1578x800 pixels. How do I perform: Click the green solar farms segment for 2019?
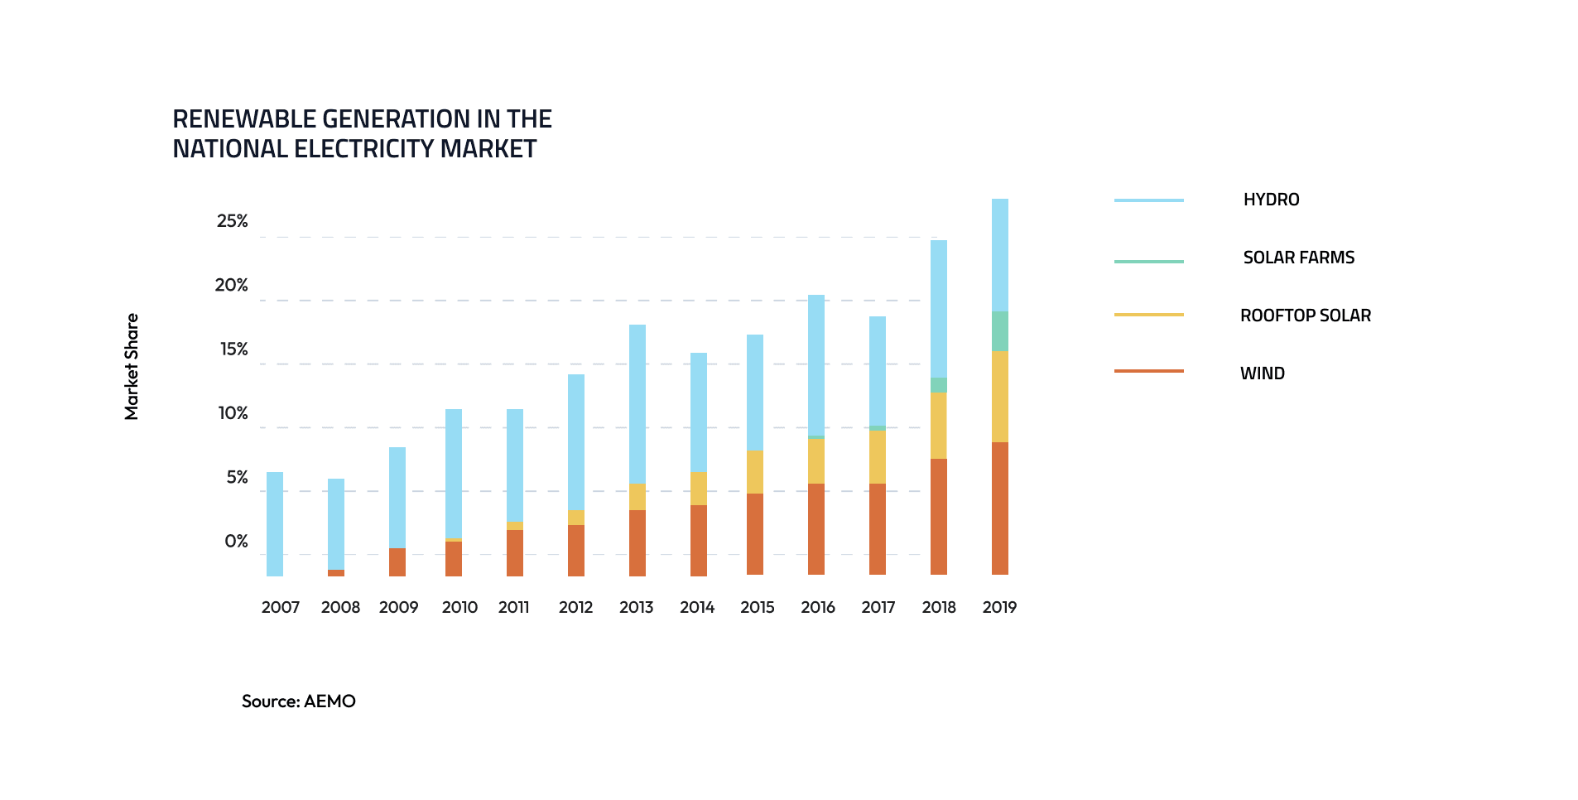click(999, 331)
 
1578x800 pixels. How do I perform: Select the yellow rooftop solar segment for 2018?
click(938, 425)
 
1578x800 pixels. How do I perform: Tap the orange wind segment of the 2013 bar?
click(637, 542)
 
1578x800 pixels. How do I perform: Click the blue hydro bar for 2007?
click(275, 523)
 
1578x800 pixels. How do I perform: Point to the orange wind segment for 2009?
click(397, 561)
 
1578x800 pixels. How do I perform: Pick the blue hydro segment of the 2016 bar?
click(816, 364)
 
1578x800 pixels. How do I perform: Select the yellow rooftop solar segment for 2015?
click(754, 472)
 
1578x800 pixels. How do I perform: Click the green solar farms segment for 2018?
click(938, 385)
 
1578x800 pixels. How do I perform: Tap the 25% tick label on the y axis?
click(233, 221)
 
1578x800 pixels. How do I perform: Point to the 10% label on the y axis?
click(233, 413)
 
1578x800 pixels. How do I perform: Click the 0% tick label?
click(236, 542)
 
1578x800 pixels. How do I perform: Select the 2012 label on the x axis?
click(575, 607)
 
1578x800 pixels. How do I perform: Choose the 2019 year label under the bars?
click(999, 607)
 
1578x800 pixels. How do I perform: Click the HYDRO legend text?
click(1271, 200)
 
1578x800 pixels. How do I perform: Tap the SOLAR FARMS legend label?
click(1298, 258)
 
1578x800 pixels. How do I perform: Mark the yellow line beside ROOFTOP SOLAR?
click(1148, 315)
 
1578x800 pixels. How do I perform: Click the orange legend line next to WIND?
click(1148, 371)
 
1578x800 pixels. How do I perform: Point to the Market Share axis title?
click(132, 366)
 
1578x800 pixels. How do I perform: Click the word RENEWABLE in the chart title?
click(243, 119)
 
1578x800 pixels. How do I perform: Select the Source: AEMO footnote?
click(298, 701)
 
